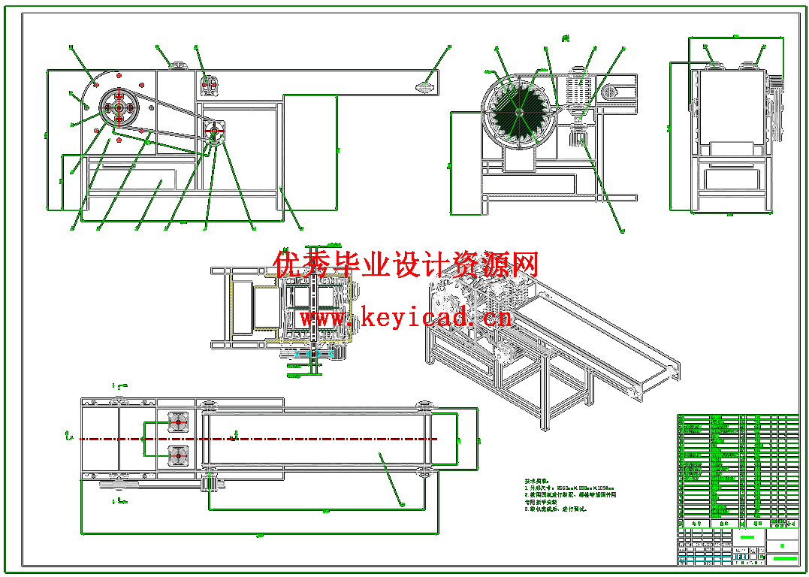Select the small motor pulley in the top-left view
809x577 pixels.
[x=214, y=131]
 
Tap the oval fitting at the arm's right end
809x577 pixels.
[x=425, y=87]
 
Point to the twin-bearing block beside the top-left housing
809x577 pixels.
[x=210, y=86]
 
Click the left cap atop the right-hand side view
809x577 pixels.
[x=711, y=66]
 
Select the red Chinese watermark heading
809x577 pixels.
[x=406, y=265]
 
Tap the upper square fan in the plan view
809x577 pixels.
[x=177, y=422]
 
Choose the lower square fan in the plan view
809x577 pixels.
[x=177, y=455]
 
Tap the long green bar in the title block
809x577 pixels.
[x=784, y=558]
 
